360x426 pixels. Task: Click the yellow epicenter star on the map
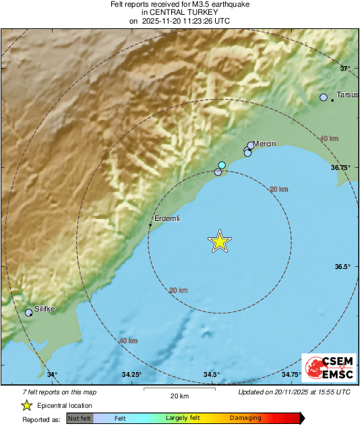point(219,241)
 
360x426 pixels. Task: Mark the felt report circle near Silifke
point(28,313)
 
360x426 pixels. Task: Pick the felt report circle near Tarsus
point(324,98)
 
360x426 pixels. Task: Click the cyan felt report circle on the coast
point(222,165)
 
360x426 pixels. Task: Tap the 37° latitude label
point(345,68)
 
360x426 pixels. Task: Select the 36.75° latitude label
point(341,167)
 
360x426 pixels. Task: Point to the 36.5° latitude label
point(343,267)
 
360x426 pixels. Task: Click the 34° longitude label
point(53,375)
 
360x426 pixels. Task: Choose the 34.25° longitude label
point(131,375)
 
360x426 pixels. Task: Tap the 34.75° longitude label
point(291,375)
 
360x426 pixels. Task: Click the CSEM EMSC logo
point(328,368)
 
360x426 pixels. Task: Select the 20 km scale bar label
point(179,396)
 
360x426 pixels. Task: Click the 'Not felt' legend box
point(80,419)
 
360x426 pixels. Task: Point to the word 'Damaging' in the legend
point(245,419)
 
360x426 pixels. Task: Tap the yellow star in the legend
point(26,405)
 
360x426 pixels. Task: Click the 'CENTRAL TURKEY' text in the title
point(179,12)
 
